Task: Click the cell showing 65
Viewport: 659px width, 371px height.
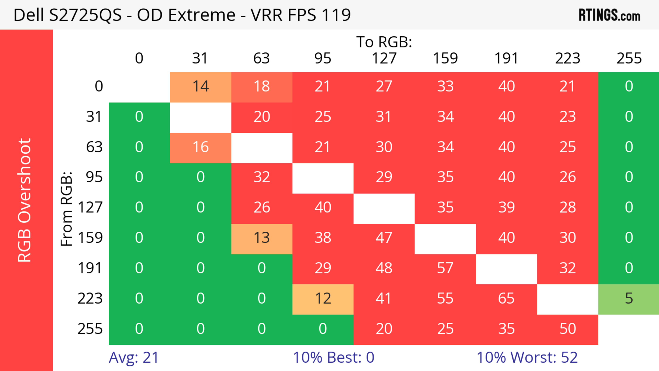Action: (x=506, y=299)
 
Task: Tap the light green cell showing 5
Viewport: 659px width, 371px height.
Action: (x=629, y=299)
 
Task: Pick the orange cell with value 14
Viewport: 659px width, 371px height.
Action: (x=201, y=87)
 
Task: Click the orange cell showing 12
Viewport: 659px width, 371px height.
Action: (x=323, y=299)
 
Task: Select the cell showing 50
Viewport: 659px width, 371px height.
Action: (x=567, y=329)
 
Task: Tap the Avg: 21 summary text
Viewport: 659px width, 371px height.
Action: (x=134, y=357)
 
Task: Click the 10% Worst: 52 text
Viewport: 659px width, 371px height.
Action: (x=527, y=357)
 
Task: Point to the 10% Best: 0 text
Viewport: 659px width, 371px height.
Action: (x=333, y=357)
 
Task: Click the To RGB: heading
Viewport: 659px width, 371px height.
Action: (x=384, y=42)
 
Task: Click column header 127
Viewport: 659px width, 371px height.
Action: (x=384, y=59)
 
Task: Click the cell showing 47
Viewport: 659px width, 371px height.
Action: (x=384, y=238)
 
